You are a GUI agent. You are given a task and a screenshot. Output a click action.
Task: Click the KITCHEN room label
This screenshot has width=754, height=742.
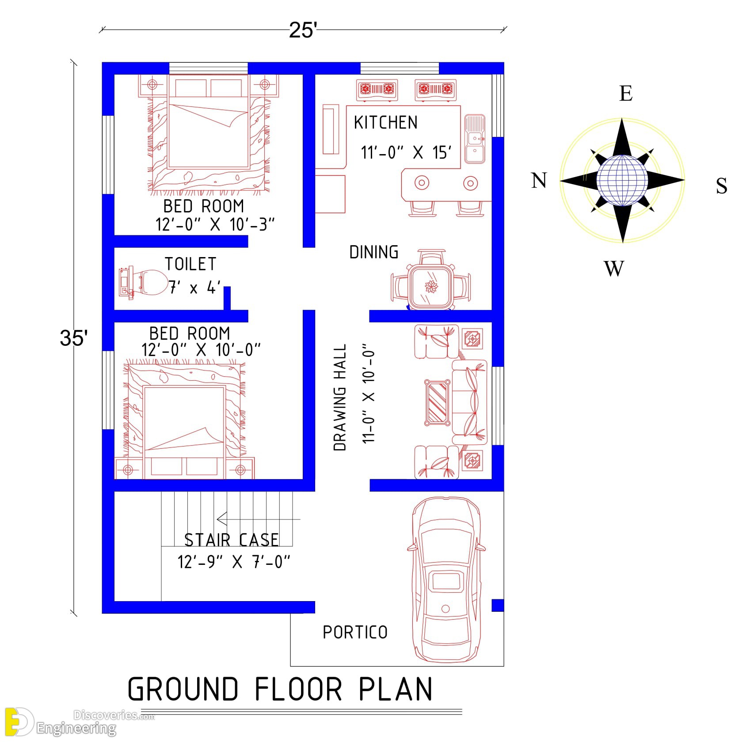coord(385,122)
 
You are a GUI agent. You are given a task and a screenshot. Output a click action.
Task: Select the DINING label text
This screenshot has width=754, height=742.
coord(374,252)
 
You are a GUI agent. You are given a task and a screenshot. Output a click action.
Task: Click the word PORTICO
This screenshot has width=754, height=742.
coord(355,632)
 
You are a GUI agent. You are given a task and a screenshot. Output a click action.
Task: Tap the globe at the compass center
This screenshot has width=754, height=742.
coord(622,180)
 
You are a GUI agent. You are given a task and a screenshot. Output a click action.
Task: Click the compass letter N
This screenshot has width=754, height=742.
coord(539,181)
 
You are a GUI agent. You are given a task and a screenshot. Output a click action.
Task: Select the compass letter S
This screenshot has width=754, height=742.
coord(721,186)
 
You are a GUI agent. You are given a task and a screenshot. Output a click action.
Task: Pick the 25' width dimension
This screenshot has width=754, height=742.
coord(303,30)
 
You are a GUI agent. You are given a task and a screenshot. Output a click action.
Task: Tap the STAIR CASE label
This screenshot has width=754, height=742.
coord(232,540)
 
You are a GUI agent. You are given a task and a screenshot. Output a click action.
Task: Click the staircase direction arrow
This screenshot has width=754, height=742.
coord(258,519)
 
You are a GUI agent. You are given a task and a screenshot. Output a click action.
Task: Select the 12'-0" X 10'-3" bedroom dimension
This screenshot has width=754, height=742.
coord(215,224)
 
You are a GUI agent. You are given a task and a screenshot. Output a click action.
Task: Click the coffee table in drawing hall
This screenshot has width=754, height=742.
coord(438,402)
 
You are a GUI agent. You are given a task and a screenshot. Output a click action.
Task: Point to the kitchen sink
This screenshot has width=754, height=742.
coord(475,139)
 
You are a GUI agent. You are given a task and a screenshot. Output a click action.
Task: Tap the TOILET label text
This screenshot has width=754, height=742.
coord(190,264)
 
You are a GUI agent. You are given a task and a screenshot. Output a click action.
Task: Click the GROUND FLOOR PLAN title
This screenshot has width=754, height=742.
coord(280,689)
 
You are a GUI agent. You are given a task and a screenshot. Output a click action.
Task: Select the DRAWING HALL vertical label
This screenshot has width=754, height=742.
coord(339,397)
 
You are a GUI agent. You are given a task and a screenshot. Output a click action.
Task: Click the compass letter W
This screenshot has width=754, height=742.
coord(614,268)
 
